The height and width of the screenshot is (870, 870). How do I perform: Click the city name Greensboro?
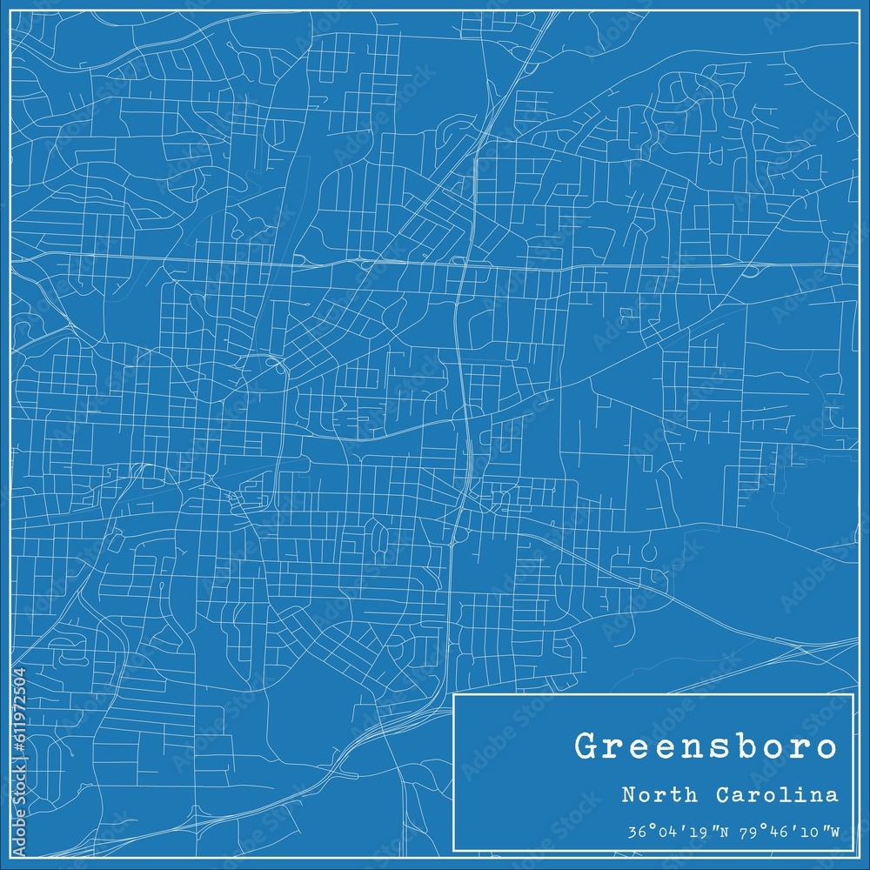point(706,747)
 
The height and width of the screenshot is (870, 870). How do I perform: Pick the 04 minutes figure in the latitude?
point(662,832)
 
